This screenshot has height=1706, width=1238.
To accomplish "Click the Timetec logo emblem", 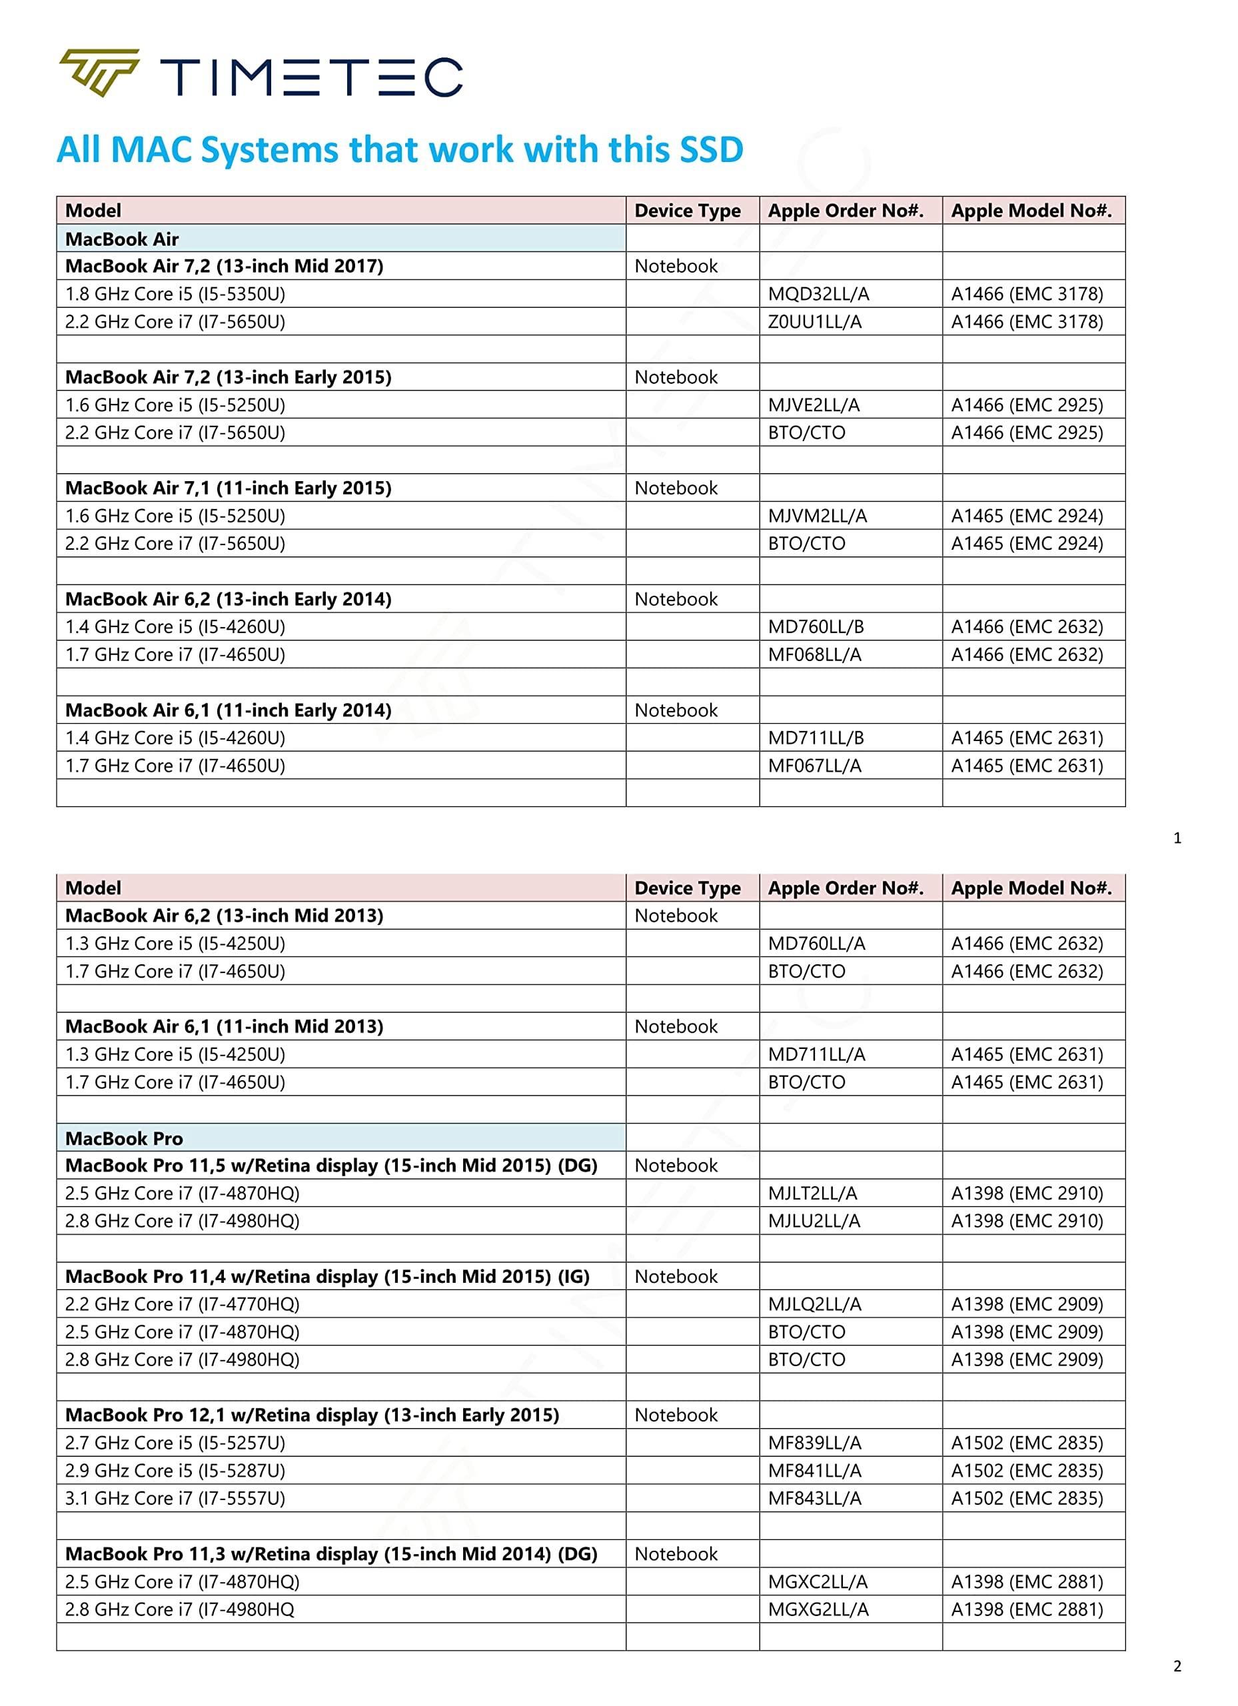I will pyautogui.click(x=99, y=73).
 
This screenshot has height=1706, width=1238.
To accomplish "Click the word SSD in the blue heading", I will pyautogui.click(x=711, y=150).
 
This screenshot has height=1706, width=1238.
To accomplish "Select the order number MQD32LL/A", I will pyautogui.click(x=818, y=294).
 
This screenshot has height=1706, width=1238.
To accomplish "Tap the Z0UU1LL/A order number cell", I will pyautogui.click(x=814, y=322).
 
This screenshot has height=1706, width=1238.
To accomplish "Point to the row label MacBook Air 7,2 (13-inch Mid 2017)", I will pyautogui.click(x=224, y=267).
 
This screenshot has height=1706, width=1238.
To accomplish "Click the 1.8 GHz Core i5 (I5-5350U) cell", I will pyautogui.click(x=175, y=294).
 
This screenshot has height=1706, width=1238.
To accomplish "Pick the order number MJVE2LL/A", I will pyautogui.click(x=813, y=405).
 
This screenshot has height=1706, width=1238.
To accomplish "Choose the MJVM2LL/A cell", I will pyautogui.click(x=817, y=516).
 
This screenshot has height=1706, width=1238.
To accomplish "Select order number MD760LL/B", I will pyautogui.click(x=816, y=627).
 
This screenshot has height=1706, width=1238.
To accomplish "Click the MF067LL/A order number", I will pyautogui.click(x=814, y=766).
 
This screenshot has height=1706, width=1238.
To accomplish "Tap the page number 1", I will pyautogui.click(x=1177, y=838).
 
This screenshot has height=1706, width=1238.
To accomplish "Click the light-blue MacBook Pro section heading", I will pyautogui.click(x=124, y=1138).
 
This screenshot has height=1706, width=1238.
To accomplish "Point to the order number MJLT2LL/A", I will pyautogui.click(x=812, y=1193).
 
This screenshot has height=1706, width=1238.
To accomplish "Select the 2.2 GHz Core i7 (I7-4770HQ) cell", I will pyautogui.click(x=182, y=1304).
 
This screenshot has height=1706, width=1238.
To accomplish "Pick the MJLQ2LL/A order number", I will pyautogui.click(x=814, y=1304).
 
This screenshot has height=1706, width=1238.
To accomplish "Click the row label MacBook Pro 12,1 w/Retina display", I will pyautogui.click(x=312, y=1415).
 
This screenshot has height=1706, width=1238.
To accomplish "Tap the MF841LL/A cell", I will pyautogui.click(x=814, y=1471).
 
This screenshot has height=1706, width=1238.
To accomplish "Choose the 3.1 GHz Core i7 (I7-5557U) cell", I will pyautogui.click(x=175, y=1498).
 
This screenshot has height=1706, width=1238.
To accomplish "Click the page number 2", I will pyautogui.click(x=1177, y=1666).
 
